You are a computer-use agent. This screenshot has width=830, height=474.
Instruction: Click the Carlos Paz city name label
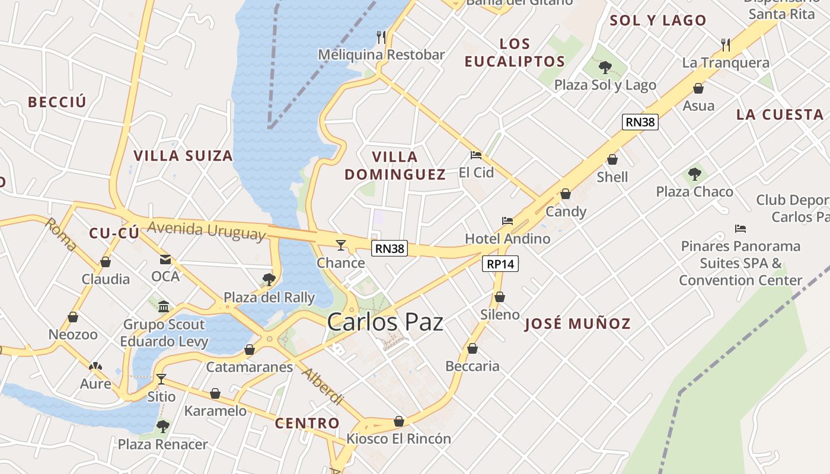385,322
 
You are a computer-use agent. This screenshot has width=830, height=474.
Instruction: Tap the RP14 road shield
500,264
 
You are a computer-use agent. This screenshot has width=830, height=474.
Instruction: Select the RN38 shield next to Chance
390,249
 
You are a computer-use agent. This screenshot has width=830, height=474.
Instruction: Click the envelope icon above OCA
165,259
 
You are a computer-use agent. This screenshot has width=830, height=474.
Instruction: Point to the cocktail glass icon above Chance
340,245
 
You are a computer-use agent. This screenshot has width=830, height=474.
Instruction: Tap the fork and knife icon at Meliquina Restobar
381,37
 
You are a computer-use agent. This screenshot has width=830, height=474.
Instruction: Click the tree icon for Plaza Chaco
694,174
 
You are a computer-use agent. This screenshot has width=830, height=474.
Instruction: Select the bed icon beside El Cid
475,156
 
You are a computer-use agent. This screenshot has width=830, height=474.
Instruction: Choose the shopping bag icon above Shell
612,159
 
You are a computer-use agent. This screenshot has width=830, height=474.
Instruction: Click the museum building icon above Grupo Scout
164,306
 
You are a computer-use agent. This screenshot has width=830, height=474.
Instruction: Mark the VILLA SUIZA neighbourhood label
183,156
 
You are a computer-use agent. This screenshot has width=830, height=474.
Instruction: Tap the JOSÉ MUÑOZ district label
577,324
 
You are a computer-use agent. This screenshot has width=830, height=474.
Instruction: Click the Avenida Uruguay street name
206,230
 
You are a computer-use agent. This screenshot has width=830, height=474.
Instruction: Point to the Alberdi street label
322,386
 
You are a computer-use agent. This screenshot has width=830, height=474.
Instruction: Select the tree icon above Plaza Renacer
162,426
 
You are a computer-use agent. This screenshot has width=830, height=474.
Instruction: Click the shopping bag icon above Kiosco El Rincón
399,421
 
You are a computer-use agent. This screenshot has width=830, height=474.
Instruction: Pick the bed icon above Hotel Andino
507,221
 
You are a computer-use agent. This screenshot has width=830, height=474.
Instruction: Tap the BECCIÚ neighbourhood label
57,102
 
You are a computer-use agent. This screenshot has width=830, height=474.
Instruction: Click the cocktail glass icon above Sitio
161,379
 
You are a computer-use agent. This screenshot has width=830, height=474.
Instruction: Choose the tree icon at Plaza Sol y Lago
605,67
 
